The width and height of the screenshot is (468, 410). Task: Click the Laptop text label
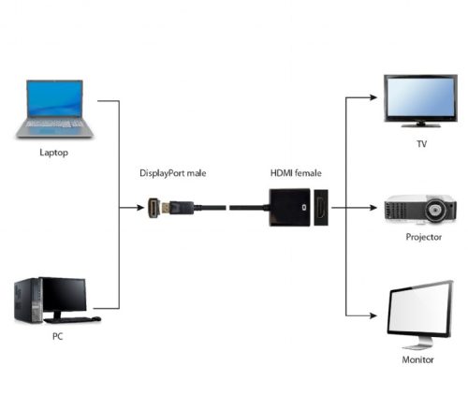pos(53,151)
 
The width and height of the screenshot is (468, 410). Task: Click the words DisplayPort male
pos(175,173)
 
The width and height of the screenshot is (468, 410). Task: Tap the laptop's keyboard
pos(54,123)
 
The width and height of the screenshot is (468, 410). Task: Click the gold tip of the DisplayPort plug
pos(152,207)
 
